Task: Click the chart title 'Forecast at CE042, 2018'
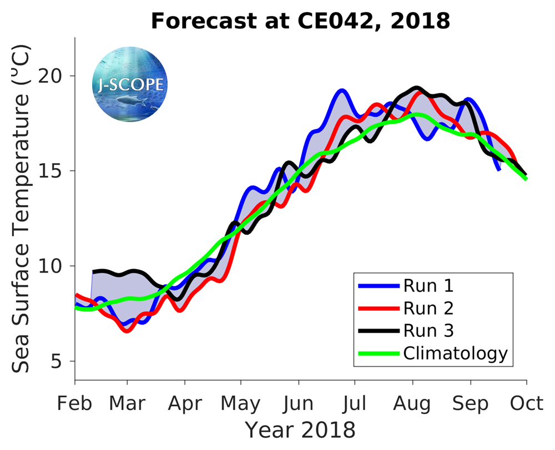[300, 21]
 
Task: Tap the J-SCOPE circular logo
[129, 85]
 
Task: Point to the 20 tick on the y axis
[53, 76]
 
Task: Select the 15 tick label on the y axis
[53, 171]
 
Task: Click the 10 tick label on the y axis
[53, 266]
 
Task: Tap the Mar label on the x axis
[128, 403]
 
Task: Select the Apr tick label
[184, 403]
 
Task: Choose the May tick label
[241, 403]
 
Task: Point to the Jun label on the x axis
[299, 403]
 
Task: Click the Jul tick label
[355, 403]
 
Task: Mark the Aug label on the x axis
[413, 403]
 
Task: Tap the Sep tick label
[471, 403]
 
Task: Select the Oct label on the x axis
[526, 403]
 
